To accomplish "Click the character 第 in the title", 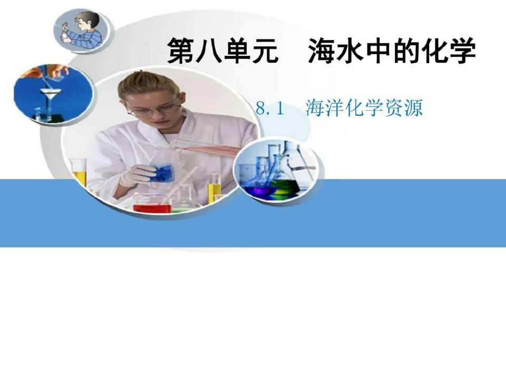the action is pyautogui.click(x=180, y=51).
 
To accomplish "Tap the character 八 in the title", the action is pyautogui.click(x=209, y=51).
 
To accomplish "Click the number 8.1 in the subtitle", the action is pyautogui.click(x=270, y=108).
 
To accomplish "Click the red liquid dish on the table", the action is pyautogui.click(x=152, y=204).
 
